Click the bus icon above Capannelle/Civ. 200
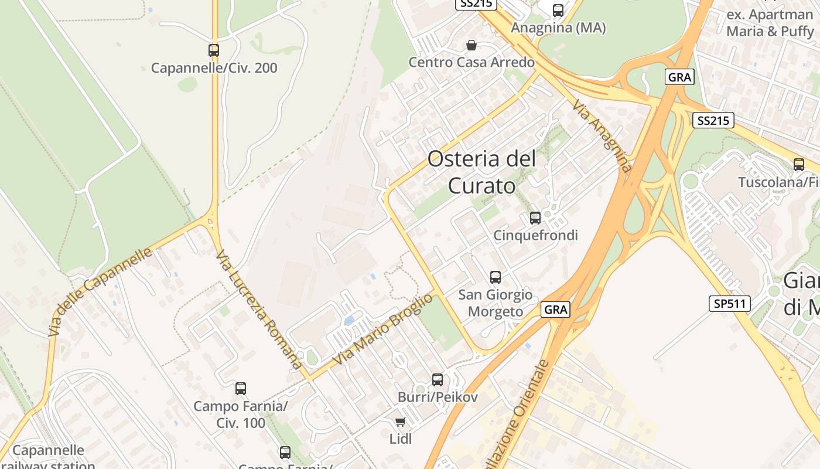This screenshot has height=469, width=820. coord(214,50)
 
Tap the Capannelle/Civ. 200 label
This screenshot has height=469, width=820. coord(214,68)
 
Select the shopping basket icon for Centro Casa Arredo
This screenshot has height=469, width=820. coord(471,45)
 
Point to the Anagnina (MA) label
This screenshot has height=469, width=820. coord(558,28)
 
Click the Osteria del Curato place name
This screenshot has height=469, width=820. coord(481,172)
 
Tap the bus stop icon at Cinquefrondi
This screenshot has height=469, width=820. coord(535,218)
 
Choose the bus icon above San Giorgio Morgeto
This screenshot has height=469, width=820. coord(496,277)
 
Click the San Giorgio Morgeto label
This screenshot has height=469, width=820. coord(496,303)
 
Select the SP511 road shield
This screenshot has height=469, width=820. coord(729,304)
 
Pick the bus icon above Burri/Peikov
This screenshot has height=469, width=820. coord(438,380)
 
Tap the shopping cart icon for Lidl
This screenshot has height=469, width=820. coord(401,422)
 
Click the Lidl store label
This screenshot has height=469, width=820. coord(401,438)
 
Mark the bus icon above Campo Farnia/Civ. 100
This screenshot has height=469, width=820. coord(240,388)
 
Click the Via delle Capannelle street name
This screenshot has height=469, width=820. coord(100,291)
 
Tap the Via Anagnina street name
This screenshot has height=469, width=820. coord(602,135)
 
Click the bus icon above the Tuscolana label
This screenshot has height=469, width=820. coord(799,165)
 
